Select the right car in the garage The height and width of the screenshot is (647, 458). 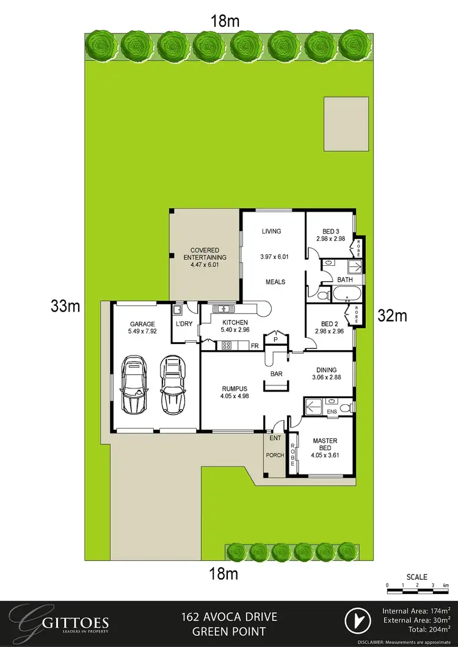172,385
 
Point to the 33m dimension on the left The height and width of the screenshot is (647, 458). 65,306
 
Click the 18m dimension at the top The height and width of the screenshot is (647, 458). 224,21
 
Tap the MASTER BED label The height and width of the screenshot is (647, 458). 325,445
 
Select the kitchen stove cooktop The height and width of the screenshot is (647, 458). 225,346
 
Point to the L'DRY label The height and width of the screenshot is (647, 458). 184,324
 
